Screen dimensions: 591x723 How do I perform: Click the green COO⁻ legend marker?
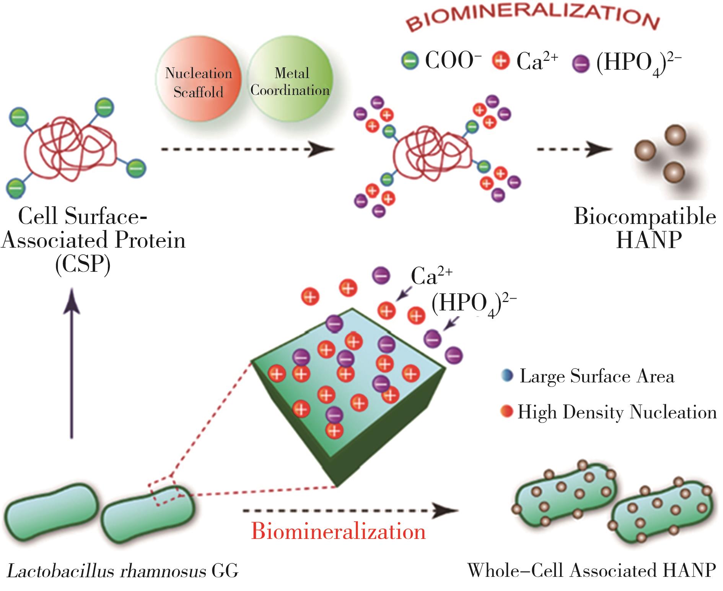point(410,61)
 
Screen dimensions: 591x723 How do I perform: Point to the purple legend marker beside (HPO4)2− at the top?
point(581,64)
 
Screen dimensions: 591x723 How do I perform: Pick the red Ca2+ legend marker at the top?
point(501,61)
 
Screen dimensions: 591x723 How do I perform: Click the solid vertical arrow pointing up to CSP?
point(72,364)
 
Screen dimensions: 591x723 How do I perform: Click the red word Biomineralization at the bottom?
point(339,531)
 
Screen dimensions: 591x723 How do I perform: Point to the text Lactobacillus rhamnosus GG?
point(123,571)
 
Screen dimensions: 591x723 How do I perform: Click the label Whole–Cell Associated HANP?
point(591,570)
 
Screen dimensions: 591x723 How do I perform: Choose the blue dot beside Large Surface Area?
point(506,376)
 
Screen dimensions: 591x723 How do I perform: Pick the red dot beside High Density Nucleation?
point(506,412)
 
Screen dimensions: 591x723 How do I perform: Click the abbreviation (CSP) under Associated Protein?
point(83,263)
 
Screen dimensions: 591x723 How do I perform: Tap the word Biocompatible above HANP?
point(645,217)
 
